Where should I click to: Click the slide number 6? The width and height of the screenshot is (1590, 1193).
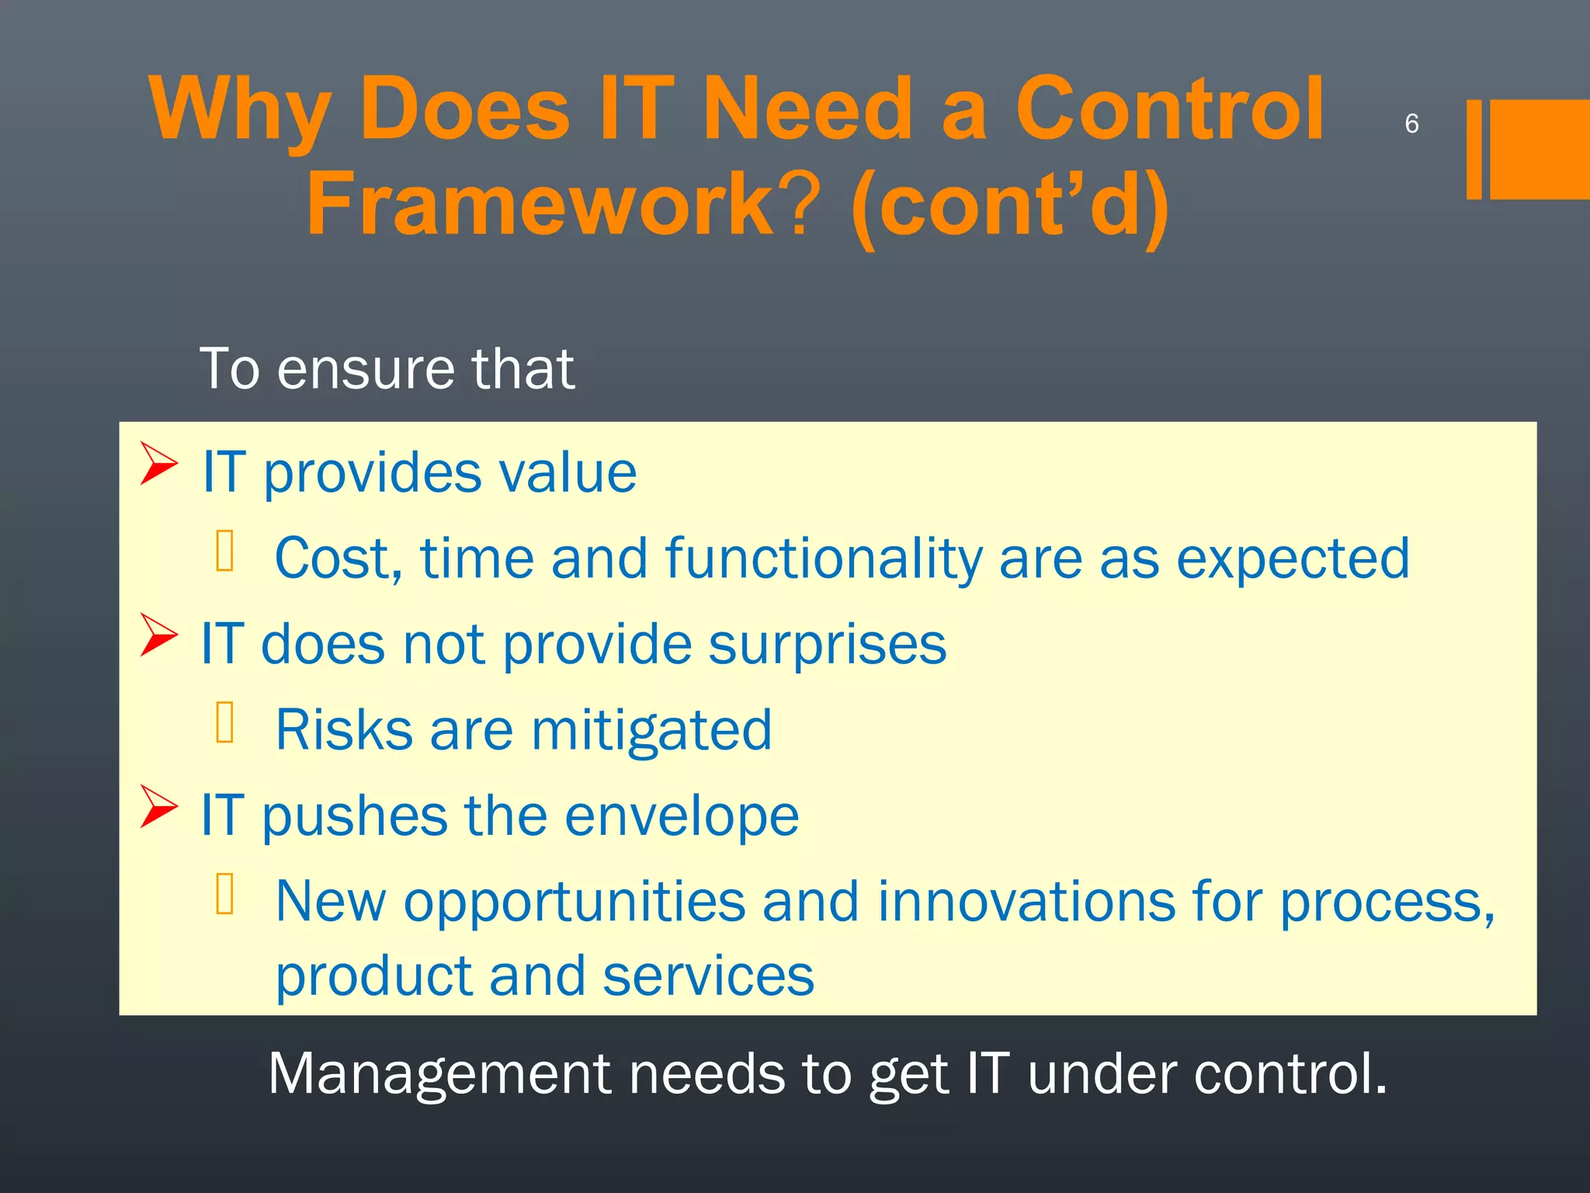1411,123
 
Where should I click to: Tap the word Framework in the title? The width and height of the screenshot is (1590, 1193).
539,203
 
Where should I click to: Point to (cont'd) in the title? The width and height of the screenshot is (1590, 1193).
1009,205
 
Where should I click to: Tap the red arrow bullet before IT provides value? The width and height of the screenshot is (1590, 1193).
158,464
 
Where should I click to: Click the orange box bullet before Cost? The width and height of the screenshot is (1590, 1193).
225,551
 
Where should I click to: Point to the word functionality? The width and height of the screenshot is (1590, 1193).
823,559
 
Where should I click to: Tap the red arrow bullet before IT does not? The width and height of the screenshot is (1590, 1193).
158,635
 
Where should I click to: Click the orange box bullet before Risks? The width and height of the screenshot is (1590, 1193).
225,722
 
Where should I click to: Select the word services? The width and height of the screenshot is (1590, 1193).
707,976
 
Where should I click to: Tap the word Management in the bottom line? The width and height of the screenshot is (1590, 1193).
439,1074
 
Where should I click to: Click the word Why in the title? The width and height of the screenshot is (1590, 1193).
240,110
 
